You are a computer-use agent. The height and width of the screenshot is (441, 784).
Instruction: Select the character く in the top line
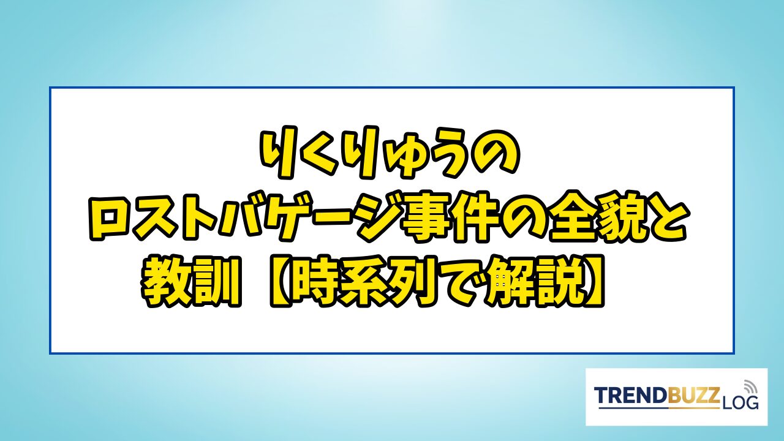(x=315, y=153)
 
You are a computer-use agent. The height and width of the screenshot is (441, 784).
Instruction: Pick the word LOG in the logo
(x=741, y=403)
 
